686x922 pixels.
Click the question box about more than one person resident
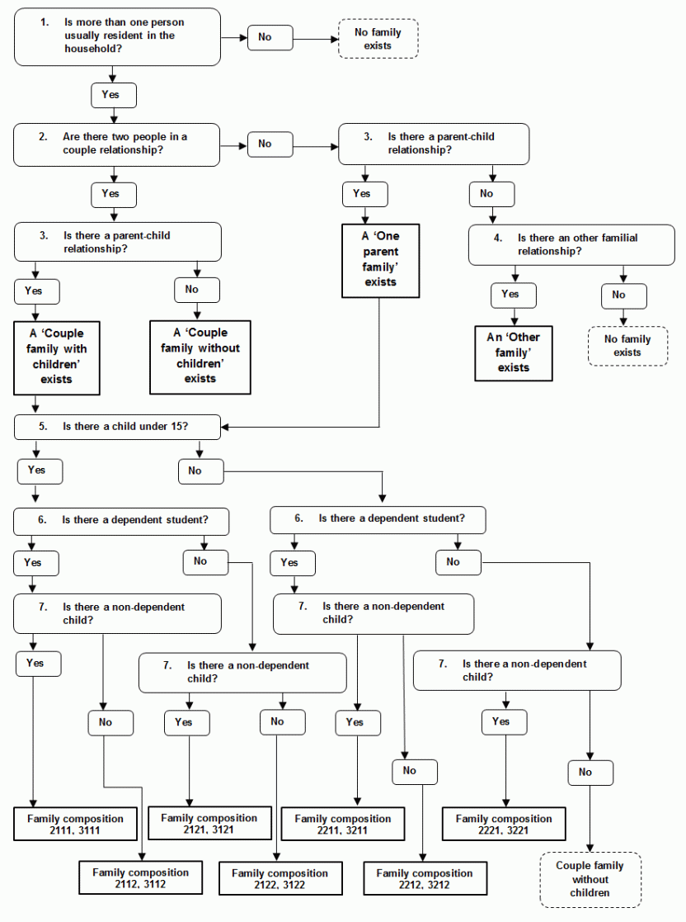pyautogui.click(x=117, y=36)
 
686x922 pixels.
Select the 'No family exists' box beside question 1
pyautogui.click(x=378, y=39)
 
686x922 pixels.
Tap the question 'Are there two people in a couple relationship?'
pyautogui.click(x=117, y=144)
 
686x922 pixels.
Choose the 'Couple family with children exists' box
pyautogui.click(x=57, y=357)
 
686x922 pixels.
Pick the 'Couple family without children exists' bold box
pyautogui.click(x=200, y=356)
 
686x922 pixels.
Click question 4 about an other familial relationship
pyautogui.click(x=571, y=245)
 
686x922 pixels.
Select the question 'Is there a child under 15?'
pyautogui.click(x=117, y=427)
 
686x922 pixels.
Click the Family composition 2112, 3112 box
pyautogui.click(x=140, y=877)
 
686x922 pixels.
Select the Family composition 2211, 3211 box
pyautogui.click(x=342, y=824)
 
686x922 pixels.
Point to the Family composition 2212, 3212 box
pyautogui.click(x=424, y=878)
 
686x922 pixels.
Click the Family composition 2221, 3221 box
pyautogui.click(x=503, y=824)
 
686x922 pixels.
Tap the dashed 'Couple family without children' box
pyautogui.click(x=590, y=879)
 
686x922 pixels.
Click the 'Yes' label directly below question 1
pyautogui.click(x=113, y=95)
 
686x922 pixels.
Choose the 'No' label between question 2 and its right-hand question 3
pyautogui.click(x=264, y=144)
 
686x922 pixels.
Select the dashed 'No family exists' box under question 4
pyautogui.click(x=627, y=346)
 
